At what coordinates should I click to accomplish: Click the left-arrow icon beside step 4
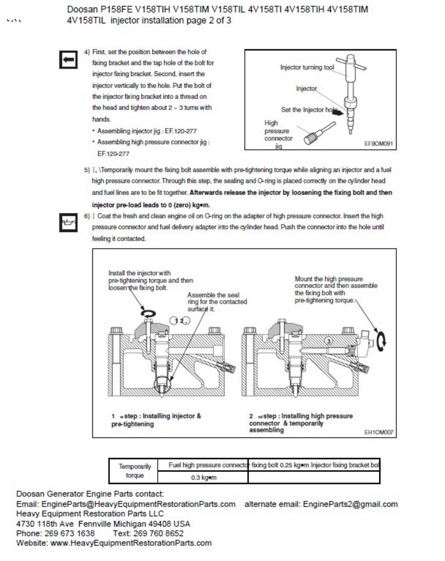click(x=69, y=59)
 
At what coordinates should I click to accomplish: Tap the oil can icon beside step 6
click(x=69, y=222)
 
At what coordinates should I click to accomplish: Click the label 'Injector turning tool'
click(x=307, y=68)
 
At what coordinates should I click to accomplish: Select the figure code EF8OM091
click(x=379, y=143)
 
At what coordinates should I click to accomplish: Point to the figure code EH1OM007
click(x=379, y=432)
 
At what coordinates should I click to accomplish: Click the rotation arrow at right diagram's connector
click(x=382, y=340)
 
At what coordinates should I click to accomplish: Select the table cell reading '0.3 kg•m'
click(x=204, y=478)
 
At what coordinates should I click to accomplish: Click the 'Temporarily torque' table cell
click(x=135, y=471)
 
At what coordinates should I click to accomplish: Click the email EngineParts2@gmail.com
click(x=350, y=504)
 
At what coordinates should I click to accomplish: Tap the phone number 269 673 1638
click(x=69, y=533)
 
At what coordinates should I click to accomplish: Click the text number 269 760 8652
click(x=156, y=533)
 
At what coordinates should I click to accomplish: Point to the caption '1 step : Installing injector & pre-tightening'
click(x=156, y=420)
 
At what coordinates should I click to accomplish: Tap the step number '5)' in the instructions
click(x=87, y=170)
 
